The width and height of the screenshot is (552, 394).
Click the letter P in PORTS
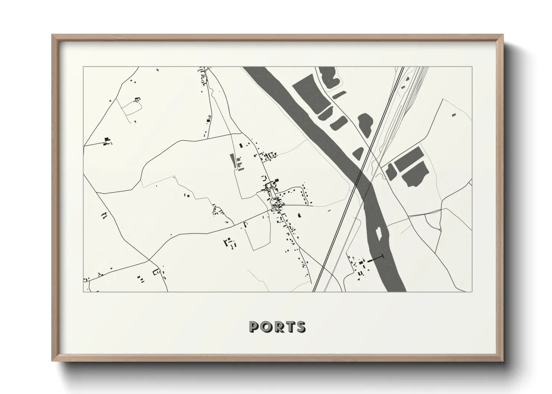pos(254,327)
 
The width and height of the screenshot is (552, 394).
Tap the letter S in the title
pos(301,327)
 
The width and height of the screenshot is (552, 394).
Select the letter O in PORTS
pos(266,327)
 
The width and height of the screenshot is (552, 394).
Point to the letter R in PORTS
pos(277,327)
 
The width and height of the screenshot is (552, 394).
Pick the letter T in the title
pos(289,327)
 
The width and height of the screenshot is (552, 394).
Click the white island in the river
pos(379,233)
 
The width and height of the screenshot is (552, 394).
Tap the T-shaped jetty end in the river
pos(382,257)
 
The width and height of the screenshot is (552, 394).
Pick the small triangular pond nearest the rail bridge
pos(358,153)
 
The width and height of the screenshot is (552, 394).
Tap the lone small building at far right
pos(454,115)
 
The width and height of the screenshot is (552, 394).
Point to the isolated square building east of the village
pos(298,215)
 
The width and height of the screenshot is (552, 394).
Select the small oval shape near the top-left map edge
pos(157,70)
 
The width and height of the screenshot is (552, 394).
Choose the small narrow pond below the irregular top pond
pos(339,95)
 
